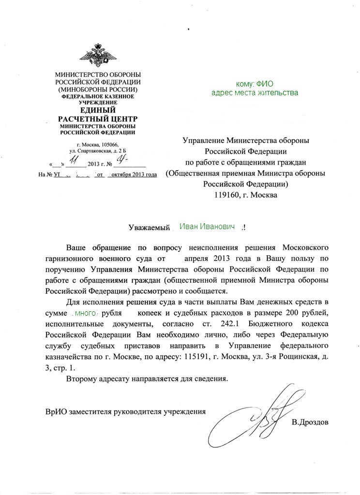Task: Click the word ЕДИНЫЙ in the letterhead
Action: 98,111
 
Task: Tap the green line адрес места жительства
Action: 255,92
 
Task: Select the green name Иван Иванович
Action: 207,226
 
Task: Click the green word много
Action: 88,313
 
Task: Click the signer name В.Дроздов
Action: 310,422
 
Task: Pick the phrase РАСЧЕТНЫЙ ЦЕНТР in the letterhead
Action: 98,119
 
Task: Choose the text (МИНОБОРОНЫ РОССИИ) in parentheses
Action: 98,90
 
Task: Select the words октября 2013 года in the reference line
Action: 133,174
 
